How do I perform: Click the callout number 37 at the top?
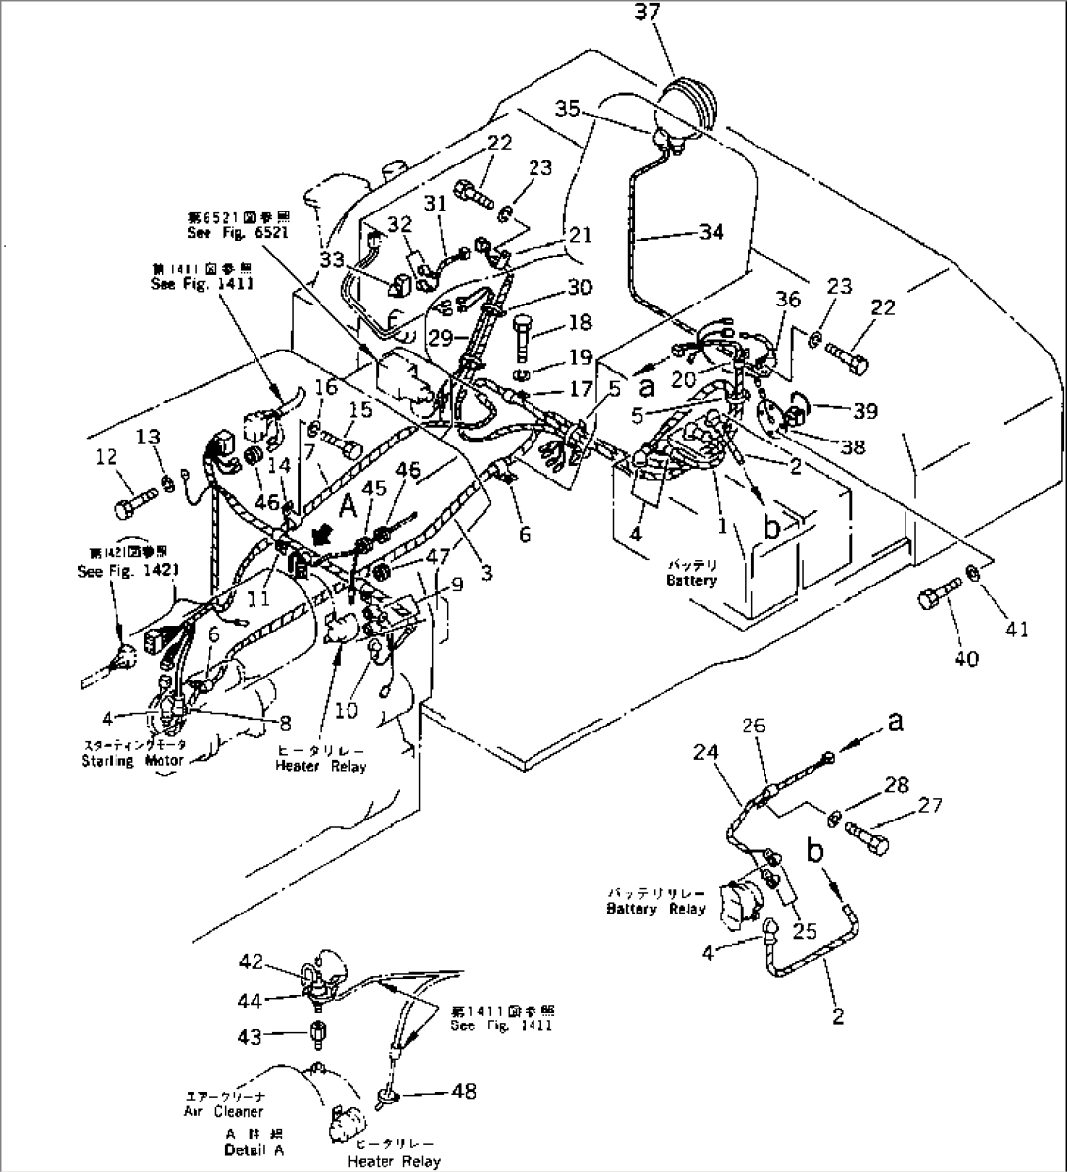(674, 13)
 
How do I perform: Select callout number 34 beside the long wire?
(711, 232)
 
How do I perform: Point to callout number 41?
(1019, 630)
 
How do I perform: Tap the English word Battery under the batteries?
(691, 581)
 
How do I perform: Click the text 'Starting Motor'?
(133, 761)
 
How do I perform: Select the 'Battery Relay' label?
(655, 908)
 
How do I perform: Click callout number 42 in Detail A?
(252, 961)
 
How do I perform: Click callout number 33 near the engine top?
(332, 259)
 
